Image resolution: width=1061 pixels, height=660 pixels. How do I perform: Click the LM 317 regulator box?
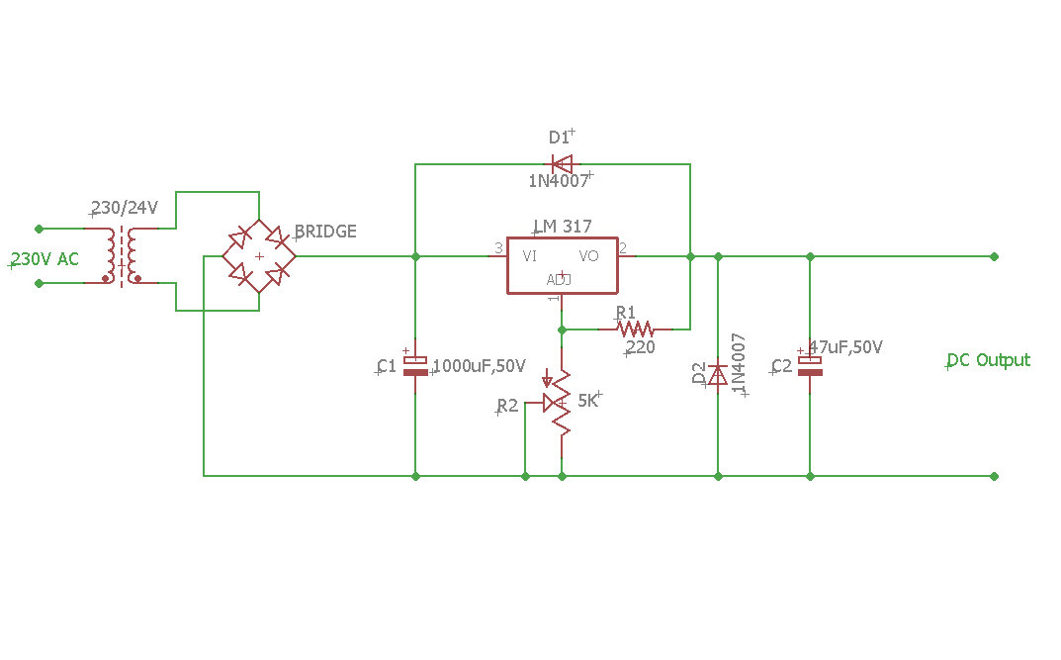coord(562,265)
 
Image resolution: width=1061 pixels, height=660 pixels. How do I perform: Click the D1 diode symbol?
coord(562,163)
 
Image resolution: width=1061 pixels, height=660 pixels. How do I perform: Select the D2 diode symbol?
coord(717,375)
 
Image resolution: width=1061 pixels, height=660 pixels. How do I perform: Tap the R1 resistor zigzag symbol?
coord(634,329)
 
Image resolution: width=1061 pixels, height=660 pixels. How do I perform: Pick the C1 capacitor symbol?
coord(415,366)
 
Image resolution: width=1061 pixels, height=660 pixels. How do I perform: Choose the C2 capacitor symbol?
coord(810,366)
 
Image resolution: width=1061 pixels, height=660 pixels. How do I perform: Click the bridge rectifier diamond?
coord(259,256)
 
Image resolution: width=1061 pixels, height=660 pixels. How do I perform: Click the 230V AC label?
coord(44,260)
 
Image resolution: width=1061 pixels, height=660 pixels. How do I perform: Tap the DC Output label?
coord(988,360)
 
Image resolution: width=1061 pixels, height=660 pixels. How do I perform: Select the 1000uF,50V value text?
coord(480,366)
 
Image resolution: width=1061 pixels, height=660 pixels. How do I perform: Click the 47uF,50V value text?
coord(845,347)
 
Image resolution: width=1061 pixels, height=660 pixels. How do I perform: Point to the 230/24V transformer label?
coord(125,208)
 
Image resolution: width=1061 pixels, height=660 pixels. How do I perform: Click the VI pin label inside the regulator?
coord(530,256)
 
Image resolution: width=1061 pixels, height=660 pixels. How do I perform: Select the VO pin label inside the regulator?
coord(589,256)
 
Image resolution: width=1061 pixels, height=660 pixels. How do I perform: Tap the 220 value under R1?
coord(640,347)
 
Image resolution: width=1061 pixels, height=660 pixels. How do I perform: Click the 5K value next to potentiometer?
coord(587,401)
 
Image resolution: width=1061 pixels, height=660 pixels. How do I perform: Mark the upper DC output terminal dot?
coord(994,256)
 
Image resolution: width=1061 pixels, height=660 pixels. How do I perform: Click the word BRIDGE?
coord(325,232)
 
